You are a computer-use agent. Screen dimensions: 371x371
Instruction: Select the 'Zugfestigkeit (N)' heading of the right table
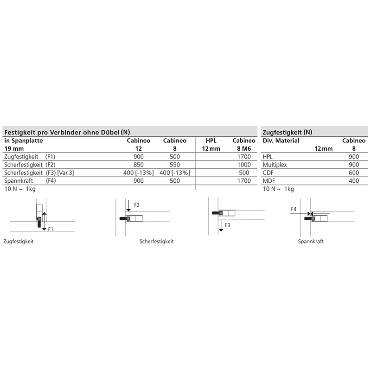(x=287, y=132)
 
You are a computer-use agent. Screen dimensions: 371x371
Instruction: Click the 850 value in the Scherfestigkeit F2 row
(x=139, y=165)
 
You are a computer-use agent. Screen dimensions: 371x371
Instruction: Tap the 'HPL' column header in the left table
(x=211, y=140)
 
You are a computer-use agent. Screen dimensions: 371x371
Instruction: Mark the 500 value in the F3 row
(x=244, y=173)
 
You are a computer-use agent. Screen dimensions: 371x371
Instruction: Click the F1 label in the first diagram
(x=51, y=229)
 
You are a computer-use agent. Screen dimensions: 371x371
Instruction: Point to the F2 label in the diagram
(x=136, y=205)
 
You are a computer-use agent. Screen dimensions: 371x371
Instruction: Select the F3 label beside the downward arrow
(x=228, y=225)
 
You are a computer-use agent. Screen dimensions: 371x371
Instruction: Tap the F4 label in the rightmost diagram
(x=294, y=209)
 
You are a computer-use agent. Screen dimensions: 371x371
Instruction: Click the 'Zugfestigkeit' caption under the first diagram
(x=18, y=242)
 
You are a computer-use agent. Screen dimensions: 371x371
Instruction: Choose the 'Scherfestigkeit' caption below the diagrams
(x=157, y=242)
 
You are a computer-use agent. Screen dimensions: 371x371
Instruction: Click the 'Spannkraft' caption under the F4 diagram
(x=311, y=242)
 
